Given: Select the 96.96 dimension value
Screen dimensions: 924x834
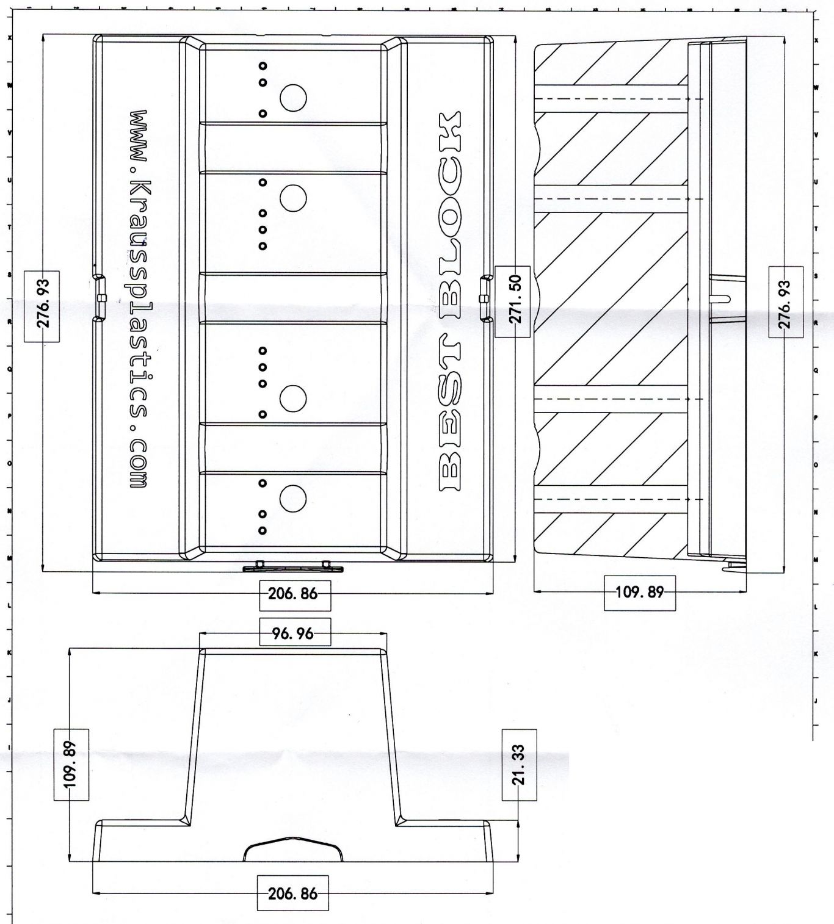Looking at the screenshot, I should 295,633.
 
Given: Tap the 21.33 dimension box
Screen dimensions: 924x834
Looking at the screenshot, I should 519,764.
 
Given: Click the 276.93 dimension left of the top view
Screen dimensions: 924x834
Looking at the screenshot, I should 42,307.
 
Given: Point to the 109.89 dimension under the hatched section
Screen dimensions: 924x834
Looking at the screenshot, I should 639,592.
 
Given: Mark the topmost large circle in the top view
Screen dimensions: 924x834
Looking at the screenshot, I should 293,97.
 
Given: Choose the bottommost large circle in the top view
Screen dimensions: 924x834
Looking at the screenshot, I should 293,499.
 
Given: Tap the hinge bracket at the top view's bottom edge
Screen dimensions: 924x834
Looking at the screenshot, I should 293,568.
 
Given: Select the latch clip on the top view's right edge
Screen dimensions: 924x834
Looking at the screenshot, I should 485,298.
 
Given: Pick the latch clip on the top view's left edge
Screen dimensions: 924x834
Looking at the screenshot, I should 101,298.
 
